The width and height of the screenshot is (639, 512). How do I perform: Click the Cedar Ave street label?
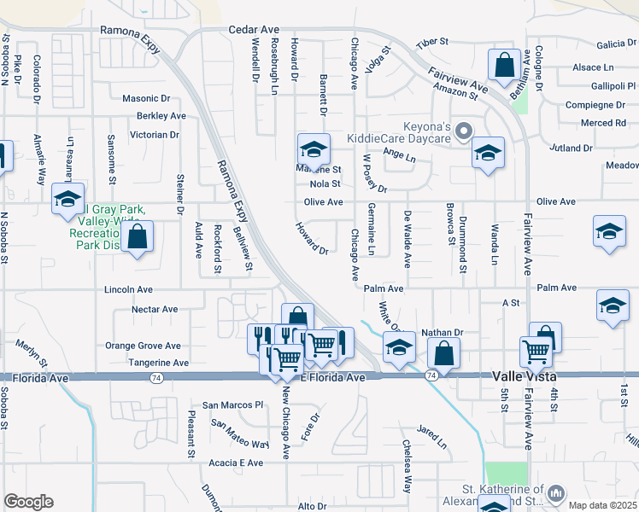[x=254, y=29]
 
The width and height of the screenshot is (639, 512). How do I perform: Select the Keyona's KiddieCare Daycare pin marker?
[x=464, y=131]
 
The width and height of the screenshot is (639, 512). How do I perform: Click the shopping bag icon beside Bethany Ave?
[x=505, y=64]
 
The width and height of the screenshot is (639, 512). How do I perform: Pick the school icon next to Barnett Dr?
[x=314, y=149]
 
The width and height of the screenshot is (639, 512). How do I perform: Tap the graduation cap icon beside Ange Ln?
[x=488, y=153]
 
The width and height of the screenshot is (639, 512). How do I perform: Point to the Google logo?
[x=28, y=502]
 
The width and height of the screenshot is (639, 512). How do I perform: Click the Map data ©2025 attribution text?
[x=602, y=505]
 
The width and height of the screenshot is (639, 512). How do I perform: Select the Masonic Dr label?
[x=149, y=98]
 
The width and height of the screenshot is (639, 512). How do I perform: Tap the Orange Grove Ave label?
[x=143, y=346]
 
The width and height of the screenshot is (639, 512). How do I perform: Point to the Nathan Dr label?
[x=442, y=333]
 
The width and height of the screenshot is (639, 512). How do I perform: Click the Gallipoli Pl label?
[x=614, y=86]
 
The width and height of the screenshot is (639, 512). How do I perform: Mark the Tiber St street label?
[x=431, y=43]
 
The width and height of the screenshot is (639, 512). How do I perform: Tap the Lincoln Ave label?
[x=128, y=290]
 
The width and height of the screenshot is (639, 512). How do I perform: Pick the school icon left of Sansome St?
[x=67, y=199]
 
